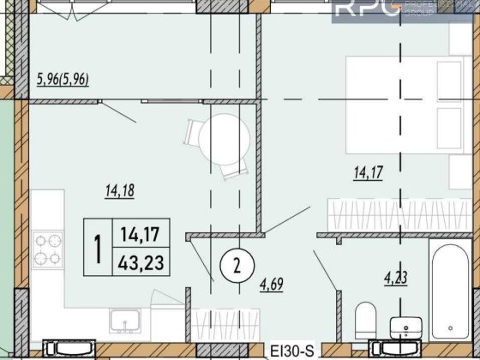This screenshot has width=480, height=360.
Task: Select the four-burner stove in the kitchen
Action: [48, 249]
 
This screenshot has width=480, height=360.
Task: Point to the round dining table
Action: [213, 135]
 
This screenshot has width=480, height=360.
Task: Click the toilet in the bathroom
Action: [363, 319]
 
